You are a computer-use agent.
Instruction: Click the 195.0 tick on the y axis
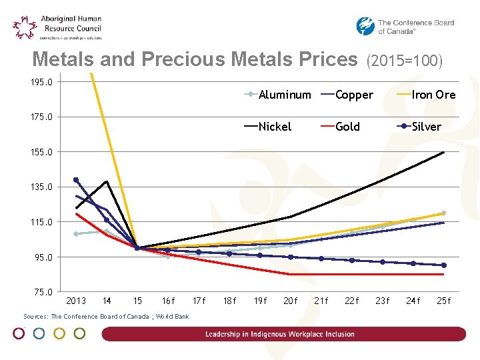point(41,82)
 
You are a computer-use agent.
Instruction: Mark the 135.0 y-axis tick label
point(41,187)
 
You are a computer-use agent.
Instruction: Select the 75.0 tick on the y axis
point(41,292)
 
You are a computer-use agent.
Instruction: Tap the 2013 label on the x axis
point(76,301)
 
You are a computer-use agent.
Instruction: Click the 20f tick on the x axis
point(291,301)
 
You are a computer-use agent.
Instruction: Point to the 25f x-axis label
point(443,301)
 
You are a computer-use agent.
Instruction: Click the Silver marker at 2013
point(76,180)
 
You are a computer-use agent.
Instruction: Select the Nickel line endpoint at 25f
point(443,153)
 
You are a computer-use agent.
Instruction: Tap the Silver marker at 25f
point(443,265)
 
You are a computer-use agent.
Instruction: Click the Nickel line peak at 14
point(107,181)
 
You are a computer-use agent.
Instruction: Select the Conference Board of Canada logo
point(405,27)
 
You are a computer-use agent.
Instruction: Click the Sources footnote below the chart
point(106,317)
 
